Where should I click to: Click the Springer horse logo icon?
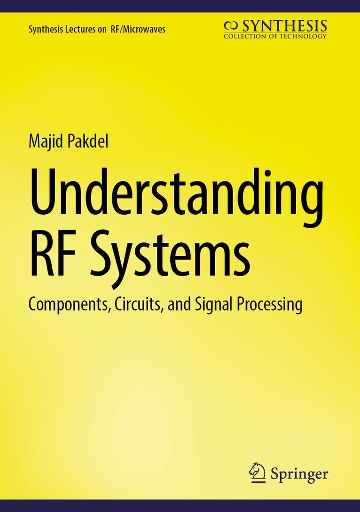coord(257,472)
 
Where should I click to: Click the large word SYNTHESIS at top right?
coord(284,26)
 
